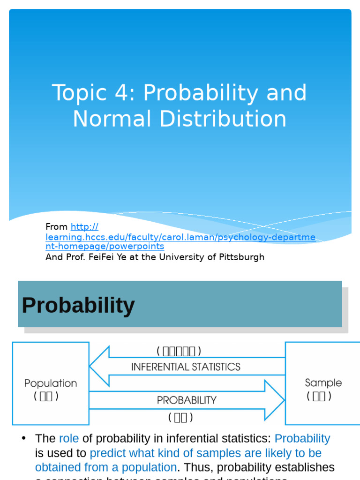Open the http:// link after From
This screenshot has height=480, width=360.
click(x=84, y=227)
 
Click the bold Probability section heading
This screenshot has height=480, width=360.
click(x=78, y=306)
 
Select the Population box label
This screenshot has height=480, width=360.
click(x=51, y=383)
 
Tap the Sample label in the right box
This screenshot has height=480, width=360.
click(x=323, y=382)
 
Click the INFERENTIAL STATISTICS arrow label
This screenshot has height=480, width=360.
click(x=186, y=367)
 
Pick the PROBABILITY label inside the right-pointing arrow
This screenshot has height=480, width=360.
click(x=187, y=400)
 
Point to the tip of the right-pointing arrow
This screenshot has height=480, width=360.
click(x=283, y=400)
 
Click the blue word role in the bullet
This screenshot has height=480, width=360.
click(x=69, y=439)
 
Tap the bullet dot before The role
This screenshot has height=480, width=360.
click(x=23, y=438)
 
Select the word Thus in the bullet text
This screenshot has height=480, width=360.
click(x=194, y=468)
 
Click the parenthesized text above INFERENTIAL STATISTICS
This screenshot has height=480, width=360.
click(x=179, y=351)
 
